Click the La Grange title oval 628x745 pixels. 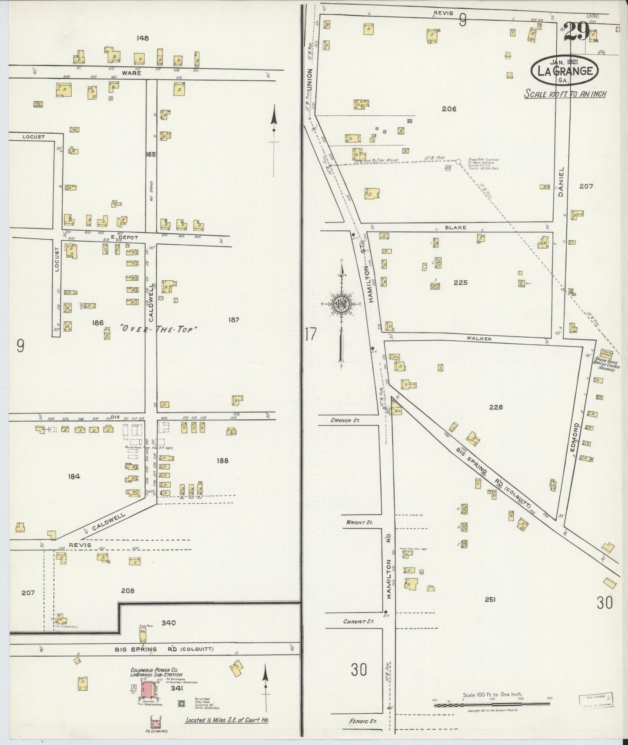[565, 70]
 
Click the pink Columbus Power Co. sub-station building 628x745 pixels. [149, 690]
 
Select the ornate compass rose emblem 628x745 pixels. [342, 304]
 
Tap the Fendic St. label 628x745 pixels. [362, 721]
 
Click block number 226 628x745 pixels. [495, 407]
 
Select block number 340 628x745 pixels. [168, 623]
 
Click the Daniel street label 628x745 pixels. [561, 182]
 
